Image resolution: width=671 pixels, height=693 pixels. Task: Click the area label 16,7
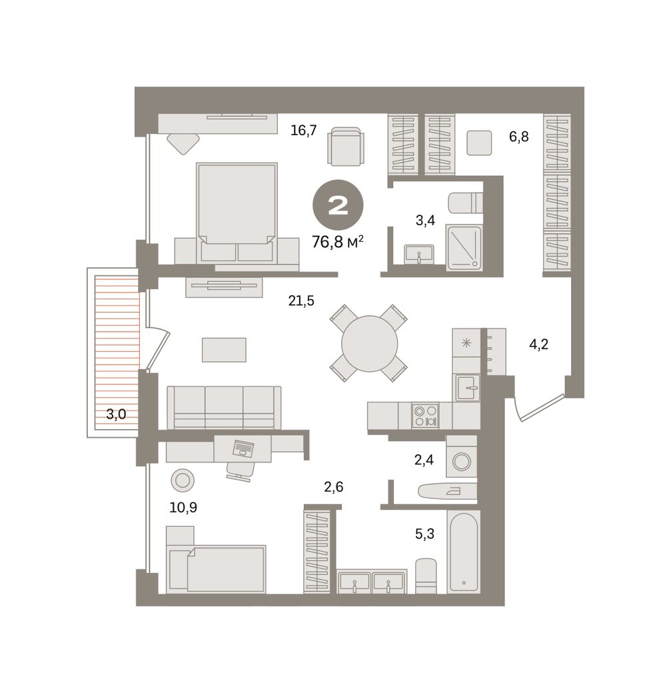tap(304, 131)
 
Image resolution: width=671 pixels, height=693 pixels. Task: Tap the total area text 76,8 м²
tap(338, 242)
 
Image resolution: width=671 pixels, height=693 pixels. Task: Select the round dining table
tap(370, 343)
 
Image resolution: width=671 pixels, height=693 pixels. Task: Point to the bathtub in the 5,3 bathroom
tap(463, 552)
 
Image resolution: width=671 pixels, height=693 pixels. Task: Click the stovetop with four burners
tap(425, 416)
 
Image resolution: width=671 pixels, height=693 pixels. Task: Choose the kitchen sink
tap(468, 388)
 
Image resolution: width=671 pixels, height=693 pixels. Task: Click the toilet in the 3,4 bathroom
tap(466, 203)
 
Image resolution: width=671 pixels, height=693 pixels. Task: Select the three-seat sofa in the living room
tap(224, 408)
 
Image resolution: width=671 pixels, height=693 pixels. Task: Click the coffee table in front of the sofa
tap(224, 350)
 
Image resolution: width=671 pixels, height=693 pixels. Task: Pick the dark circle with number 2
tap(338, 205)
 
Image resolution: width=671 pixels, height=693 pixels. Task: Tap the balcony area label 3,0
tap(116, 414)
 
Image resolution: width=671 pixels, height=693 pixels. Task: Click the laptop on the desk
tap(243, 448)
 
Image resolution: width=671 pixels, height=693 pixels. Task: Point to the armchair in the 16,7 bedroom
tap(346, 147)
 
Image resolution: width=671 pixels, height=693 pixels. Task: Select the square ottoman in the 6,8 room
tap(479, 143)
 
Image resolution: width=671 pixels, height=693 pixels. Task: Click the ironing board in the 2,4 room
tap(447, 491)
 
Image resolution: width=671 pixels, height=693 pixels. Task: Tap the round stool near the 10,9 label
tap(183, 480)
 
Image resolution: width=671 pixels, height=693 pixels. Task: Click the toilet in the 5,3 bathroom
tap(426, 576)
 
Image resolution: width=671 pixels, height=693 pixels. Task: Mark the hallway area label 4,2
tap(539, 344)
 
